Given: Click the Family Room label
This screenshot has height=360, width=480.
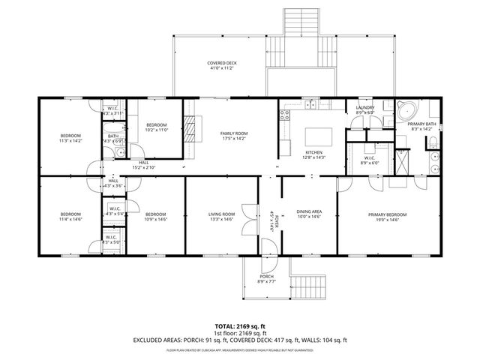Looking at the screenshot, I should coord(234,133).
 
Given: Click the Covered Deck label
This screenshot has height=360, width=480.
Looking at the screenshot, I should coord(223,62).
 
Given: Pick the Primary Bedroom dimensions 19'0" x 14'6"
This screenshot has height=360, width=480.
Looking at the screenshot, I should coord(382,220).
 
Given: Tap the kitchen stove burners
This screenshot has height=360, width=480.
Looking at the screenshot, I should coord(285,115).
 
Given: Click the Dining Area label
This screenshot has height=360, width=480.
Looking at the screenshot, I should coord(309,212).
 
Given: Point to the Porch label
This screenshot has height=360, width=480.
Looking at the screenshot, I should coord(266,276).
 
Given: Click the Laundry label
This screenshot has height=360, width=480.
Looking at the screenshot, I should coord(364,108).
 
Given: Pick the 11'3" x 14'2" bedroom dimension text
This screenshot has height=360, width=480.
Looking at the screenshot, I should coord(70,141).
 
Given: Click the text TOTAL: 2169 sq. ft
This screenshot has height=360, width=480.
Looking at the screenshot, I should coord(240,326).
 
